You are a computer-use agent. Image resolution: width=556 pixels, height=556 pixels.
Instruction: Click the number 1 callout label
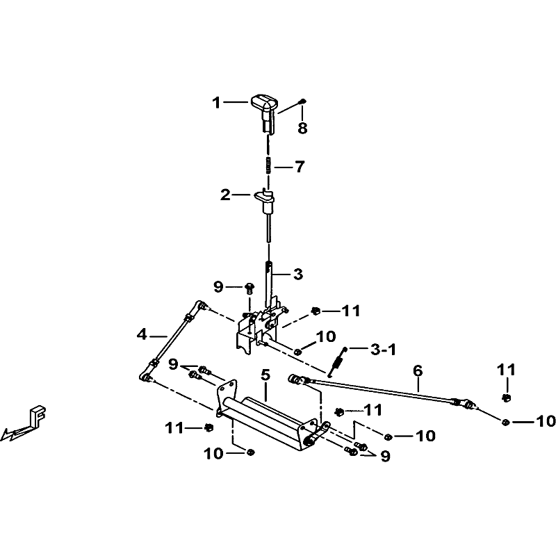(216, 103)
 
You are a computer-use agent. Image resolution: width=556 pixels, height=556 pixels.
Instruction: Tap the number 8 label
(302, 128)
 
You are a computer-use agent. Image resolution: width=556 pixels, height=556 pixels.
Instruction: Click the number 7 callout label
(299, 167)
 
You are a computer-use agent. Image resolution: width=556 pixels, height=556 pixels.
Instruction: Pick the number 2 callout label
(225, 195)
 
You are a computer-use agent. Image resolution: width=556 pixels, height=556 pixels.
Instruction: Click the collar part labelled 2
(267, 198)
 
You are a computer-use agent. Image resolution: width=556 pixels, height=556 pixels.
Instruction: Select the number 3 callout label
(298, 274)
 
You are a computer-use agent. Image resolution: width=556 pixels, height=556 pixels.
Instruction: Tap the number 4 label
(142, 334)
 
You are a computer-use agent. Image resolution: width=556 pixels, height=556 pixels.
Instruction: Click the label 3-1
(382, 350)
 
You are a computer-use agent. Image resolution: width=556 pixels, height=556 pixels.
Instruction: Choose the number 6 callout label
(417, 370)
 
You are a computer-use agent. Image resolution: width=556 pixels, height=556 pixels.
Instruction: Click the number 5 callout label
(265, 375)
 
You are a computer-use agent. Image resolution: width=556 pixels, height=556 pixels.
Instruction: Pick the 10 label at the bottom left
(213, 454)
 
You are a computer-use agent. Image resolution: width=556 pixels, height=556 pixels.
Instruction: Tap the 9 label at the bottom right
(385, 456)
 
